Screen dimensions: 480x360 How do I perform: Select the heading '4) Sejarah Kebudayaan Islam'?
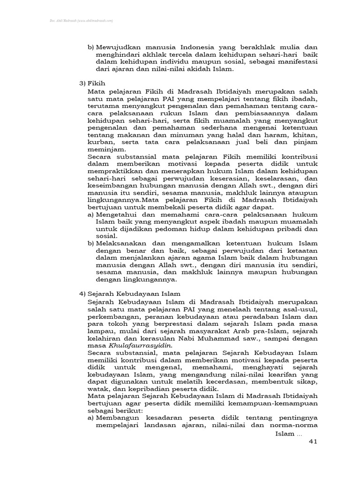pyautogui.click(x=129, y=293)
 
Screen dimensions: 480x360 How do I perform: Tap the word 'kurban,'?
pyautogui.click(x=100, y=141)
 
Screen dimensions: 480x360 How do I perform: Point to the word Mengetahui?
pyautogui.click(x=116, y=214)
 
